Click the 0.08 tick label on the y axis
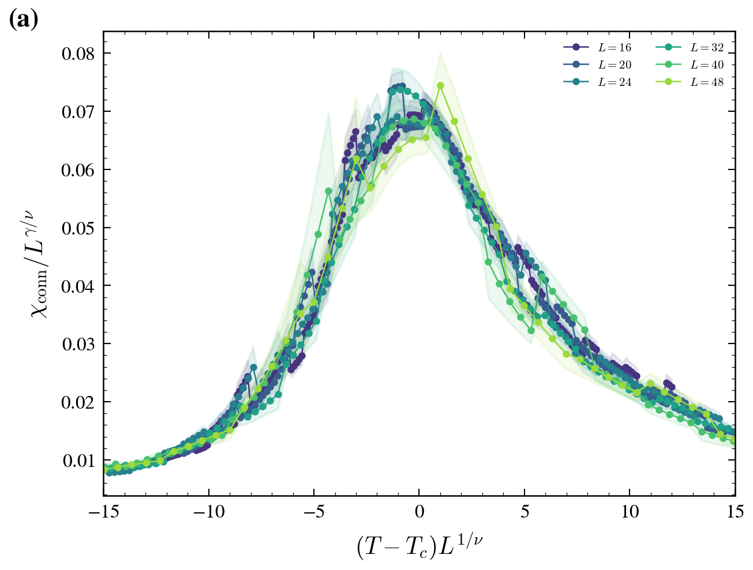[78, 54]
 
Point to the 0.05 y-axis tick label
[78, 228]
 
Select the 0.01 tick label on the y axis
[78, 460]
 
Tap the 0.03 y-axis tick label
[78, 344]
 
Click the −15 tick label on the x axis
[104, 512]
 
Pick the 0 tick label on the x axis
[419, 512]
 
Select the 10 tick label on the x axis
[630, 512]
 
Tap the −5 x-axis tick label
[314, 512]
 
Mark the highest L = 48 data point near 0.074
[440, 86]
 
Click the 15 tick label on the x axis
[735, 512]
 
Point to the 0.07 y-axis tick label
[78, 111]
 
